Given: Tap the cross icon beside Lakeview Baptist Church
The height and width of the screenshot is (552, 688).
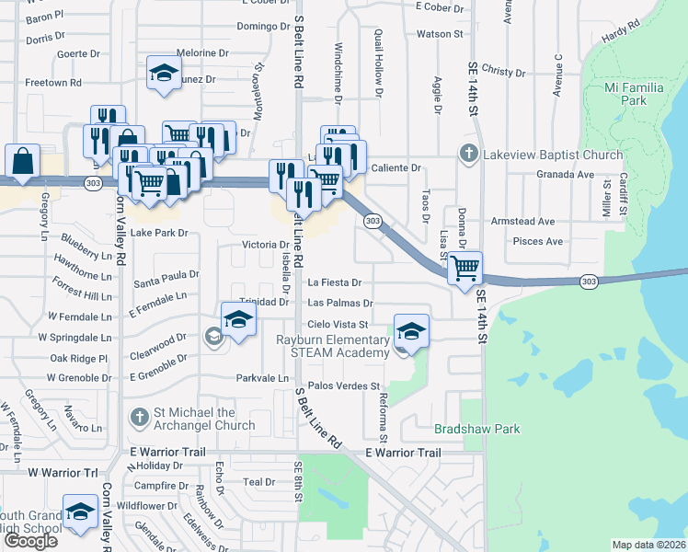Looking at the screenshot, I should (468, 154).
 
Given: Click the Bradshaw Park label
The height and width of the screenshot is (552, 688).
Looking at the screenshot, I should (476, 429).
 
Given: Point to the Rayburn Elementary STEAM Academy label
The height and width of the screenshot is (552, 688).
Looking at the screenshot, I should (334, 346).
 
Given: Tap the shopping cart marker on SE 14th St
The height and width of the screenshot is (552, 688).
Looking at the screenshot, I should (465, 269).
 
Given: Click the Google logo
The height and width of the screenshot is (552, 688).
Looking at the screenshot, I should (30, 540).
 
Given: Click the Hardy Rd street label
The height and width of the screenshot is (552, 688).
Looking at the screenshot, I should (620, 40).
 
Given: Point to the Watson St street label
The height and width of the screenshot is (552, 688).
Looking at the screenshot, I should (439, 34).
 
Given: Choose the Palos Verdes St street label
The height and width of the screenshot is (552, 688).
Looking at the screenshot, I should (344, 386).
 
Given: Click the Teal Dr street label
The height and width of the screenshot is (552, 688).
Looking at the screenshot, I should (258, 482).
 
